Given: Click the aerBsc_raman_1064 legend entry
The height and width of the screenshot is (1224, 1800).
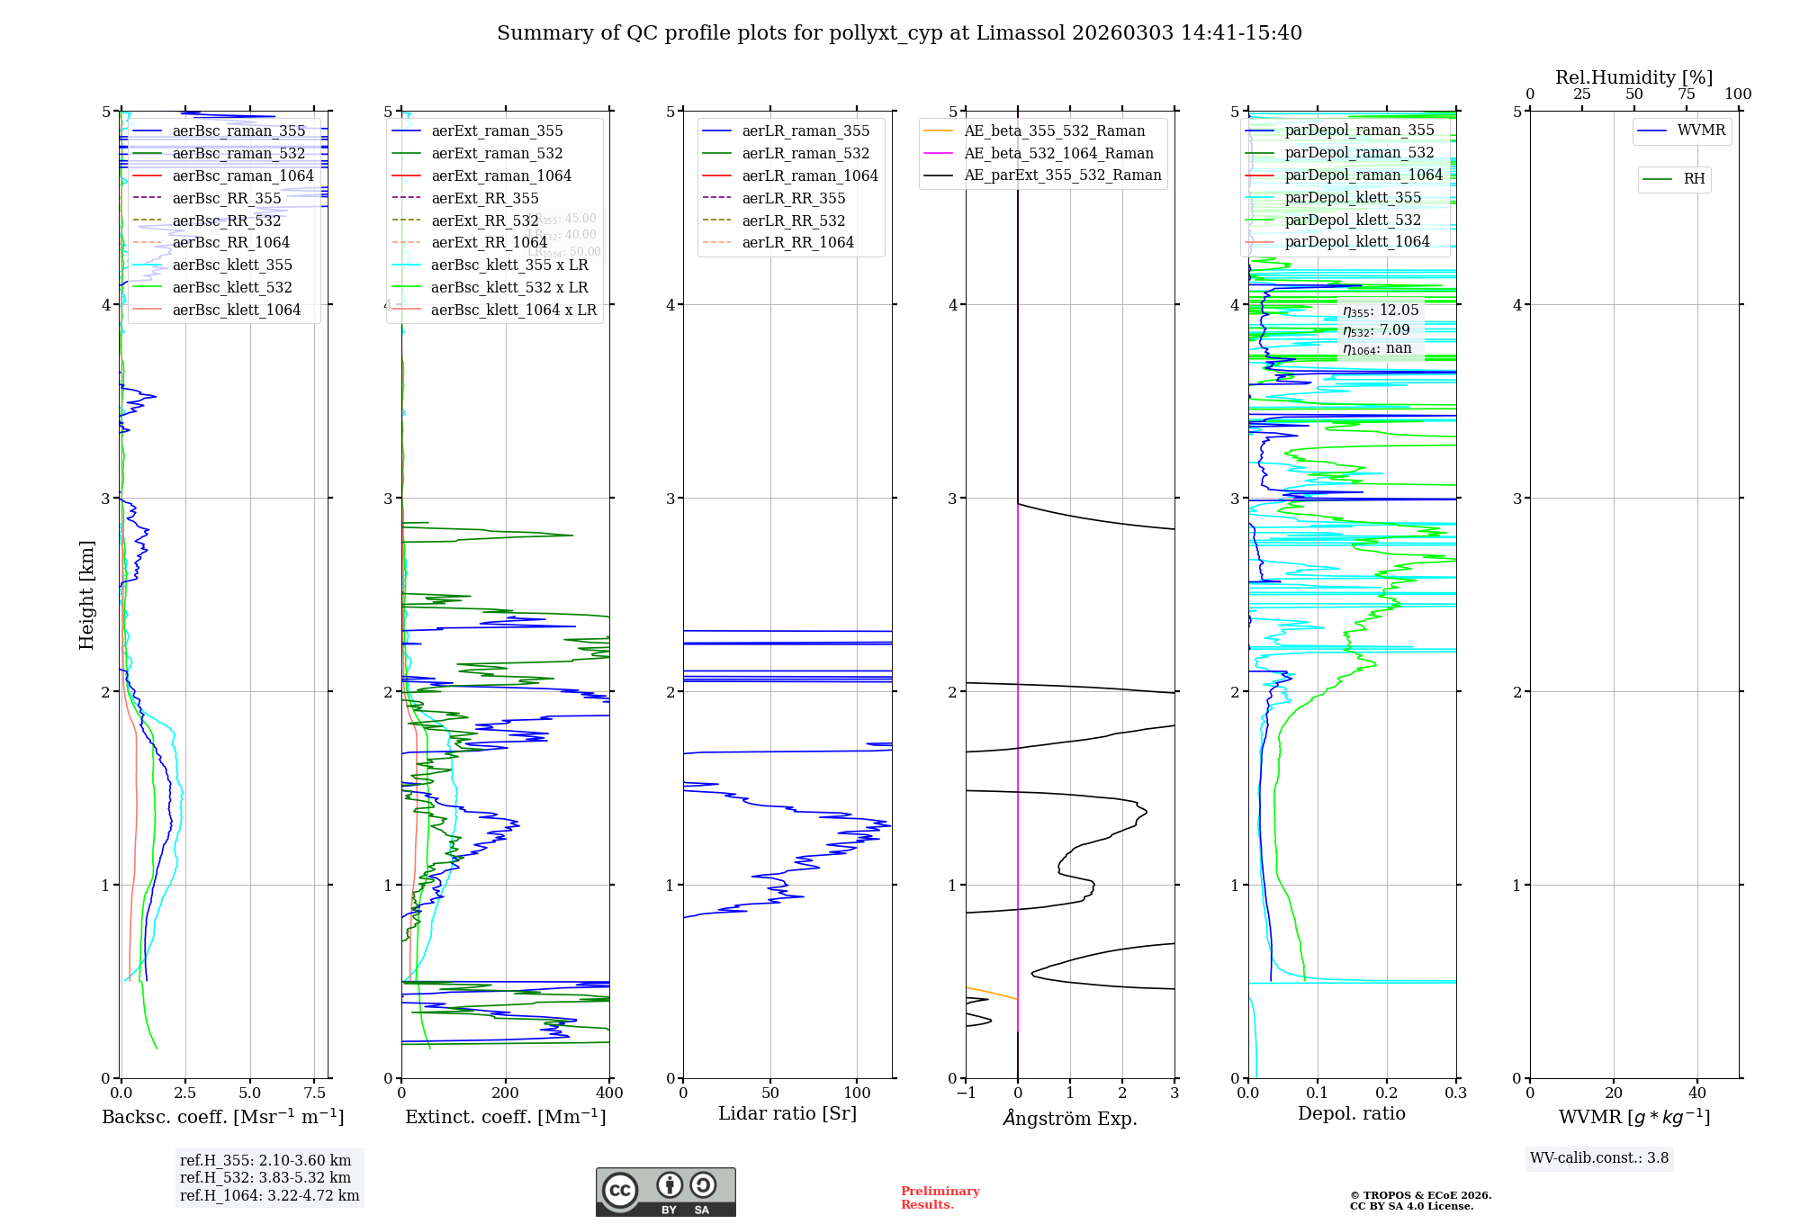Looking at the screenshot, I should (x=243, y=175).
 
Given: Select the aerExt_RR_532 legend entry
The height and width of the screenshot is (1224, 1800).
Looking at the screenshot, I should (x=484, y=220).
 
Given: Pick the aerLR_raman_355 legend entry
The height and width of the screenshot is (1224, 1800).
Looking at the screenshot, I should (x=805, y=131).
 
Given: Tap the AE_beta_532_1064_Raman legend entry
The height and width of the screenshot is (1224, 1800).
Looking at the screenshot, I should (x=1058, y=153).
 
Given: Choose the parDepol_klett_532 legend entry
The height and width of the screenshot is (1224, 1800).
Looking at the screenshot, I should (x=1352, y=220).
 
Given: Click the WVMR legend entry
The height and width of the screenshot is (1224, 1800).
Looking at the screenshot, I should (x=1701, y=130).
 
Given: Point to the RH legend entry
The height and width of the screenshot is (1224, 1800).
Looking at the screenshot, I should (x=1694, y=179).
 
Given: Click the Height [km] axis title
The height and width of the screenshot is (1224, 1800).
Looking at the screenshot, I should (x=86, y=595).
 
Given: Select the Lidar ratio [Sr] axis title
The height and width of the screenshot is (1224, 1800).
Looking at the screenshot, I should (x=787, y=1113).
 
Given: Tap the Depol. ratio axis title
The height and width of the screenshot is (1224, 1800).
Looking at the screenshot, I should (x=1351, y=1113).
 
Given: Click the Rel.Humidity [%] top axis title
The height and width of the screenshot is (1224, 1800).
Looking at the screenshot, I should (x=1633, y=77).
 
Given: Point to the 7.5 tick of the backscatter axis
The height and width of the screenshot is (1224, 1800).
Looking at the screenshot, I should (x=314, y=1093).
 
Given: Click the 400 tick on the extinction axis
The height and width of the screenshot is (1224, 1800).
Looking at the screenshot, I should (x=609, y=1093).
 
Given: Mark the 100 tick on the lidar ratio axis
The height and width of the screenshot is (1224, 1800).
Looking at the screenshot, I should (x=857, y=1093).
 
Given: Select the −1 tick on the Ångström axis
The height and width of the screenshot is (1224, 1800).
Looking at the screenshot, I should (x=966, y=1093).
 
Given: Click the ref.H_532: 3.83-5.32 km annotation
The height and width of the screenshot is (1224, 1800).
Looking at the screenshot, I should (x=265, y=1177).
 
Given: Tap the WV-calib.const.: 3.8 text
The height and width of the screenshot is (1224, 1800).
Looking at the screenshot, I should (x=1598, y=1158).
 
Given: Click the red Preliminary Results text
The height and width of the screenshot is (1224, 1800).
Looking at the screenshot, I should (x=940, y=1198).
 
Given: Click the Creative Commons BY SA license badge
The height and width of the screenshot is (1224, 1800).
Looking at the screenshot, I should (x=665, y=1192).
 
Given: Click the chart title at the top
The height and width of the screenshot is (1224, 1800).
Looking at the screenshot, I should (x=899, y=33).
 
